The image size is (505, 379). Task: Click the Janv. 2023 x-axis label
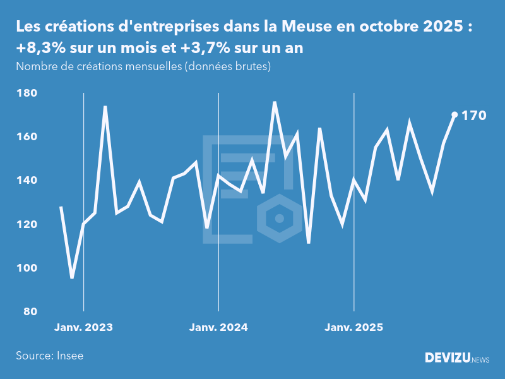83,327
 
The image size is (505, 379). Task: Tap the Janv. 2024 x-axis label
218,327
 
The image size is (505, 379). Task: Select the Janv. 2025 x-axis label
353,327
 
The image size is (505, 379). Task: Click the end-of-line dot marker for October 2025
454,115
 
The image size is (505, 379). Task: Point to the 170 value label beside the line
473,116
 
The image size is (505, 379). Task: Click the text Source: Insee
50,356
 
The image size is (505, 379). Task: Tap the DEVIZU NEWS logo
456,358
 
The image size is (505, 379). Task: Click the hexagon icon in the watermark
280,219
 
